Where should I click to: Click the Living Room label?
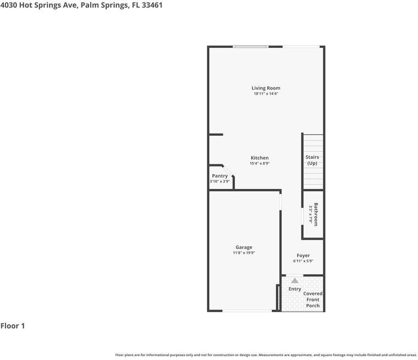266,88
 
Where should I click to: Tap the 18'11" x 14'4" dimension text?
266,94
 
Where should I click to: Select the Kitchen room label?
260,158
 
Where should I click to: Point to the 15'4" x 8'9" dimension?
260,163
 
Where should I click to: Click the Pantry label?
220,176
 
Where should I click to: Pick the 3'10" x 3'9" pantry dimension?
219,181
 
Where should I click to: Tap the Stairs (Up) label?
312,160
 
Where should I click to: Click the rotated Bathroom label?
316,215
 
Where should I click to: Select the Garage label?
244,247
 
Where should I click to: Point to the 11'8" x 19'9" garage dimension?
244,253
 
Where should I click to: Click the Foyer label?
303,256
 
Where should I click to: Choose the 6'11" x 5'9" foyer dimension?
303,261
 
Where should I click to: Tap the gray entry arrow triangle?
295,280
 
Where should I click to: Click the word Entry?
295,289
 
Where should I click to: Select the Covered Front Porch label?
313,300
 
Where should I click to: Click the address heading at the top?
81,5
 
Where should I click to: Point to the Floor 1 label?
13,326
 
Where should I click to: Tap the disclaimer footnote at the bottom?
266,355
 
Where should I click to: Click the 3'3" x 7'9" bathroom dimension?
311,215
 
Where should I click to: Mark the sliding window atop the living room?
250,47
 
